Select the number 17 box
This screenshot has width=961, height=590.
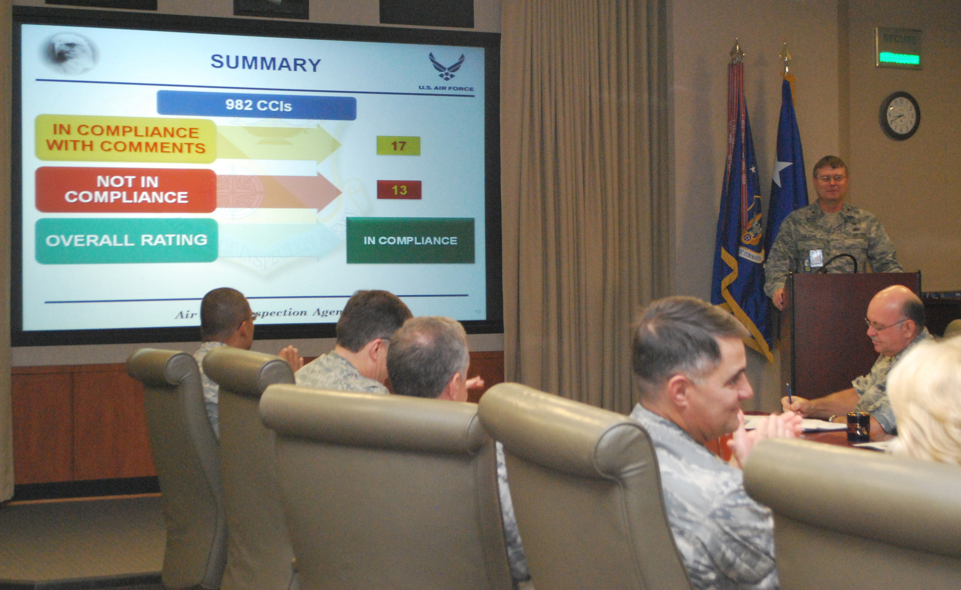(398, 146)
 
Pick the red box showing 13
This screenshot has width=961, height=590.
(399, 190)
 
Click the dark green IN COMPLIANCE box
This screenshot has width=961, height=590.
(410, 240)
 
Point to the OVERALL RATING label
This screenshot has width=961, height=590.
(126, 240)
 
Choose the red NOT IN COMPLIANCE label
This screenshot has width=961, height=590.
(126, 190)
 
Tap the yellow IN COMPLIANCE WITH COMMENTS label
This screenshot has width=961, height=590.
(126, 139)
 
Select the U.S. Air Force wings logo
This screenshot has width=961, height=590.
(446, 66)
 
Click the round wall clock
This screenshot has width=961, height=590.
(900, 115)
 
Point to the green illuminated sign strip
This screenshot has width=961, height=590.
(899, 59)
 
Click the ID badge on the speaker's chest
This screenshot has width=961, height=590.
(815, 258)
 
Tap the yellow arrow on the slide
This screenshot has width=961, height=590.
(279, 144)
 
